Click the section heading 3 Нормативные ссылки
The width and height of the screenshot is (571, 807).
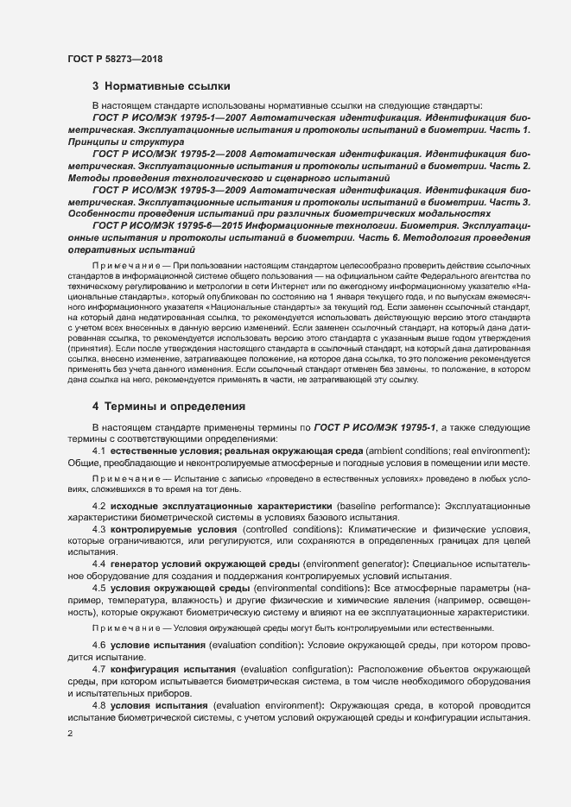161,86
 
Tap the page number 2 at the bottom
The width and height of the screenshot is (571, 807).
70,734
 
